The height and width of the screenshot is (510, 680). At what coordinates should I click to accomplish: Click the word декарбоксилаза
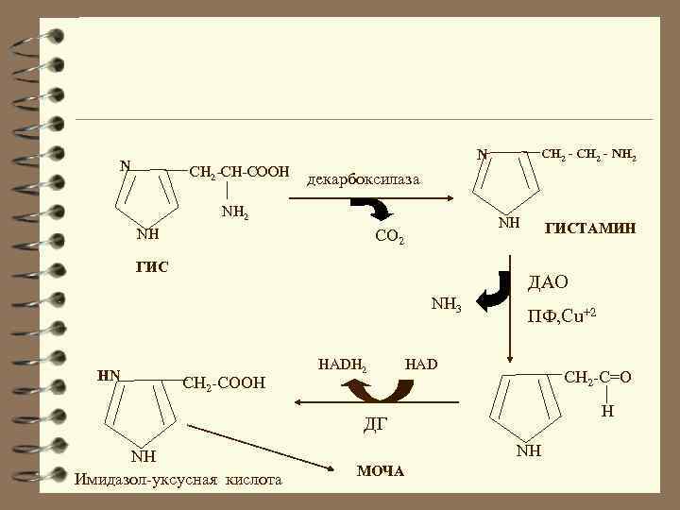(x=365, y=179)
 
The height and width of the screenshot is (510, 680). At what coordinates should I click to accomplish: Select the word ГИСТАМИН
(x=590, y=229)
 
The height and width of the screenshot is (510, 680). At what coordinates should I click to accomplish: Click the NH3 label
(x=445, y=304)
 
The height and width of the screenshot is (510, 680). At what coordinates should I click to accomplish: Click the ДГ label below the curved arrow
(x=375, y=422)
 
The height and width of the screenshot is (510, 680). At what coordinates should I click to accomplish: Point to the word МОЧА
(x=381, y=470)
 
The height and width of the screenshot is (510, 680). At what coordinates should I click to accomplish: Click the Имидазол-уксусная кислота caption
(x=178, y=480)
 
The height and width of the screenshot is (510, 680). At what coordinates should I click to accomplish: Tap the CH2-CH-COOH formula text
(x=239, y=172)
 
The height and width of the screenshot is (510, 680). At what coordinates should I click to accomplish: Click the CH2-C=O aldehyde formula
(x=597, y=378)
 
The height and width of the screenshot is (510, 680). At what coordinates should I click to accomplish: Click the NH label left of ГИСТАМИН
(x=509, y=223)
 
